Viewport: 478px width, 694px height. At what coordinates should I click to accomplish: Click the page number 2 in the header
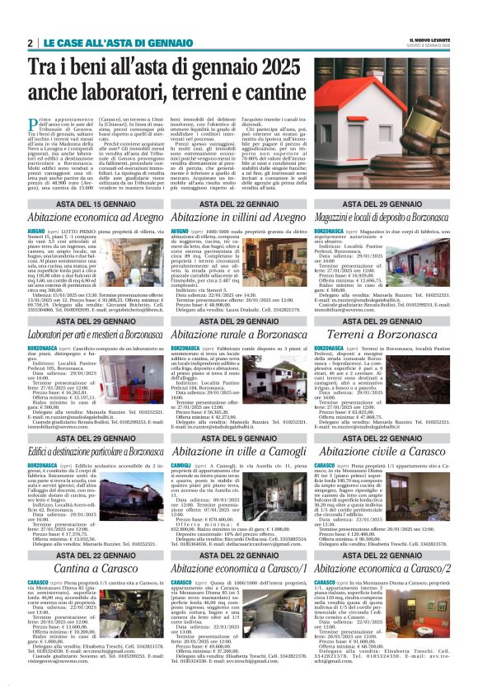point(30,43)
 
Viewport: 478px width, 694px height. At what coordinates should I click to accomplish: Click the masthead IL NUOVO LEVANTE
point(429,40)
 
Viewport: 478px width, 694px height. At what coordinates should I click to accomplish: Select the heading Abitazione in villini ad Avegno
point(238,218)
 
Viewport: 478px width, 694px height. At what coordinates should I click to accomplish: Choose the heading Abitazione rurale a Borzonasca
point(238,335)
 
